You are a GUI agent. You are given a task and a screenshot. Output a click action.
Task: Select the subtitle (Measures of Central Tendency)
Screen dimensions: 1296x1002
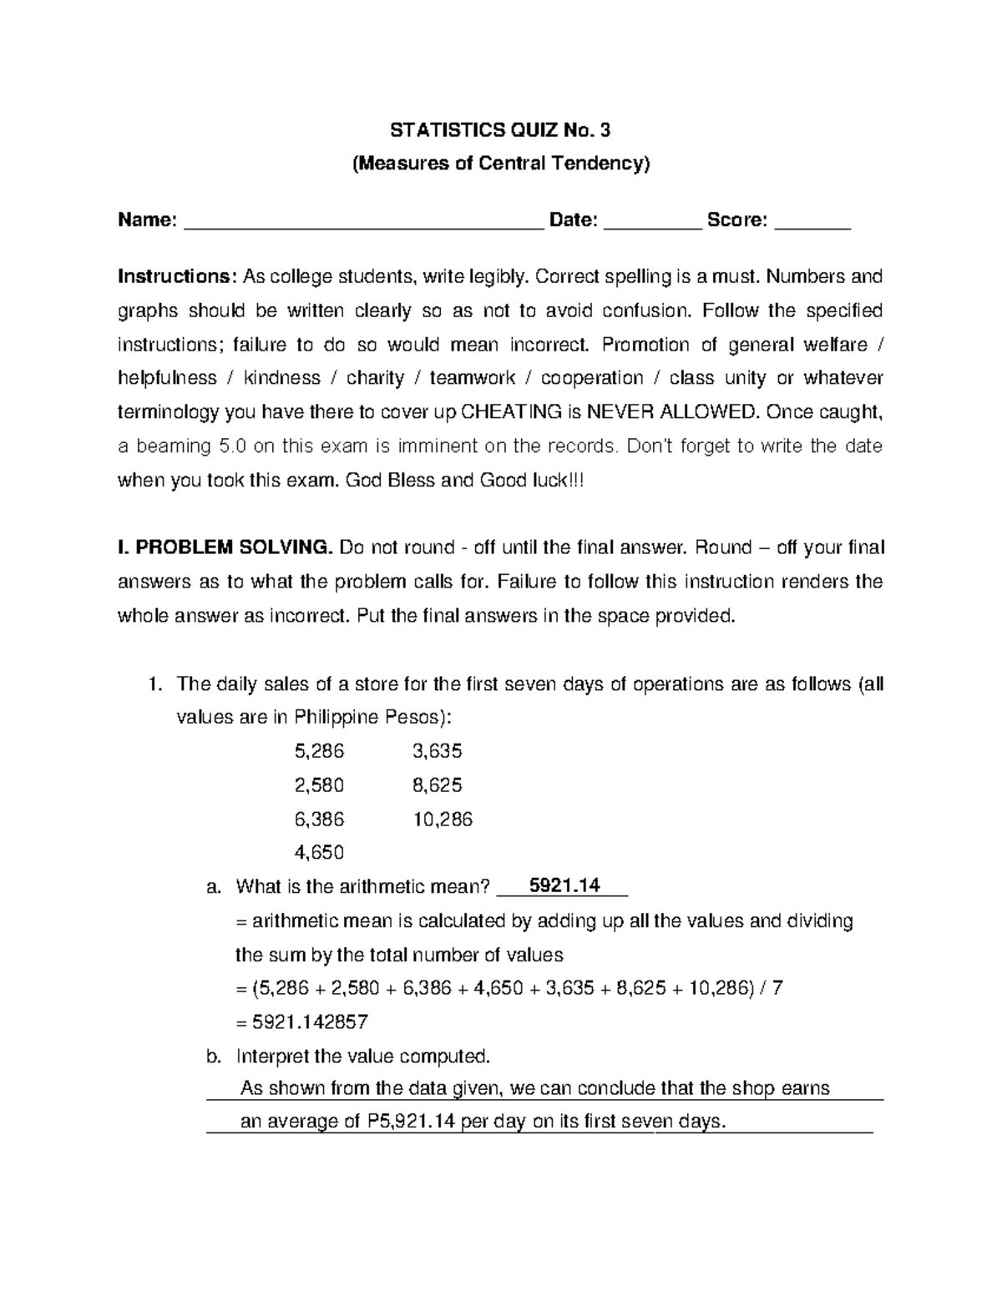pyautogui.click(x=500, y=164)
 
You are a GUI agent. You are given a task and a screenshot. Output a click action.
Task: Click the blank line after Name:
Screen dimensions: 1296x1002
pyautogui.click(x=362, y=222)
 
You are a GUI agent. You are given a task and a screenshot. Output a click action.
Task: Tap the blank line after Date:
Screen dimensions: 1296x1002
pyautogui.click(x=651, y=222)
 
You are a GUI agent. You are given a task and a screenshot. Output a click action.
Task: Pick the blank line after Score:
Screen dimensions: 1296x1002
pyautogui.click(x=812, y=222)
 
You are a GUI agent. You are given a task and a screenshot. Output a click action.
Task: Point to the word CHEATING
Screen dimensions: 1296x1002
pyautogui.click(x=511, y=412)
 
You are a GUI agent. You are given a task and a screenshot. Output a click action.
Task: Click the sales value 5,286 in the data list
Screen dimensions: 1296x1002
pyautogui.click(x=319, y=751)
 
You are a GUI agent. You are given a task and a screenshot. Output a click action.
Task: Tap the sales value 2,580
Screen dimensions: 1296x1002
pyautogui.click(x=319, y=785)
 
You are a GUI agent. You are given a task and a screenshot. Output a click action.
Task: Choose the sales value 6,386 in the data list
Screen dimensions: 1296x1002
pyautogui.click(x=319, y=819)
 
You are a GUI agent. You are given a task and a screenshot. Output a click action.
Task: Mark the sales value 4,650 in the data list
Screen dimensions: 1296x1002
pyautogui.click(x=319, y=853)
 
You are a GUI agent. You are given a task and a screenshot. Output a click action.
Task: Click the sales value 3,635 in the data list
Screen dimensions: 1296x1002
pyautogui.click(x=438, y=751)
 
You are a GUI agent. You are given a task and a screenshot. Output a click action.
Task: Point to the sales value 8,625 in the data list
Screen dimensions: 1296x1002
pyautogui.click(x=438, y=785)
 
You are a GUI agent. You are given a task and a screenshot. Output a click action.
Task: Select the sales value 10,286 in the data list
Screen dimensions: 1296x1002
pyautogui.click(x=443, y=819)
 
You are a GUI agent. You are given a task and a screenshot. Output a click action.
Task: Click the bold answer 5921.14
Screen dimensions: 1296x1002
pyautogui.click(x=565, y=886)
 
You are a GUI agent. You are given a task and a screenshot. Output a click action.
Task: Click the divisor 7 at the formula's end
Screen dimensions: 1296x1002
pyautogui.click(x=778, y=989)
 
